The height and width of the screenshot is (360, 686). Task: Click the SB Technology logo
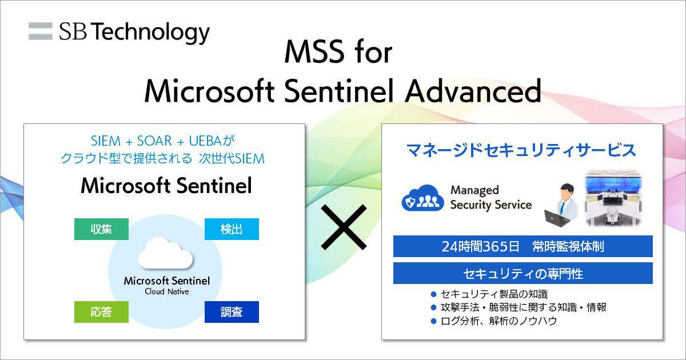click(119, 32)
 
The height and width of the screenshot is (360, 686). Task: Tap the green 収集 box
click(101, 229)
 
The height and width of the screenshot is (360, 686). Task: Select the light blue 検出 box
click(232, 229)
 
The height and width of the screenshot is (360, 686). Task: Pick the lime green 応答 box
click(101, 312)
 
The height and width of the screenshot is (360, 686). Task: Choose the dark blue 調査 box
click(232, 312)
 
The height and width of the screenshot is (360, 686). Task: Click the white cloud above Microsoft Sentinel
click(166, 254)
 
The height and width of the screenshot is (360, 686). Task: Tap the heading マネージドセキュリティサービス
click(521, 150)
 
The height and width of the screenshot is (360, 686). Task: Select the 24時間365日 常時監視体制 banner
click(523, 246)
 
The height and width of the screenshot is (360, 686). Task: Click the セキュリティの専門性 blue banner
click(523, 274)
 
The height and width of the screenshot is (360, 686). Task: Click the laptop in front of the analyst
click(552, 217)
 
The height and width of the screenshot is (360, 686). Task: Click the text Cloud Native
click(167, 291)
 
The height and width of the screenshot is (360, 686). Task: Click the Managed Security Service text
click(490, 197)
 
